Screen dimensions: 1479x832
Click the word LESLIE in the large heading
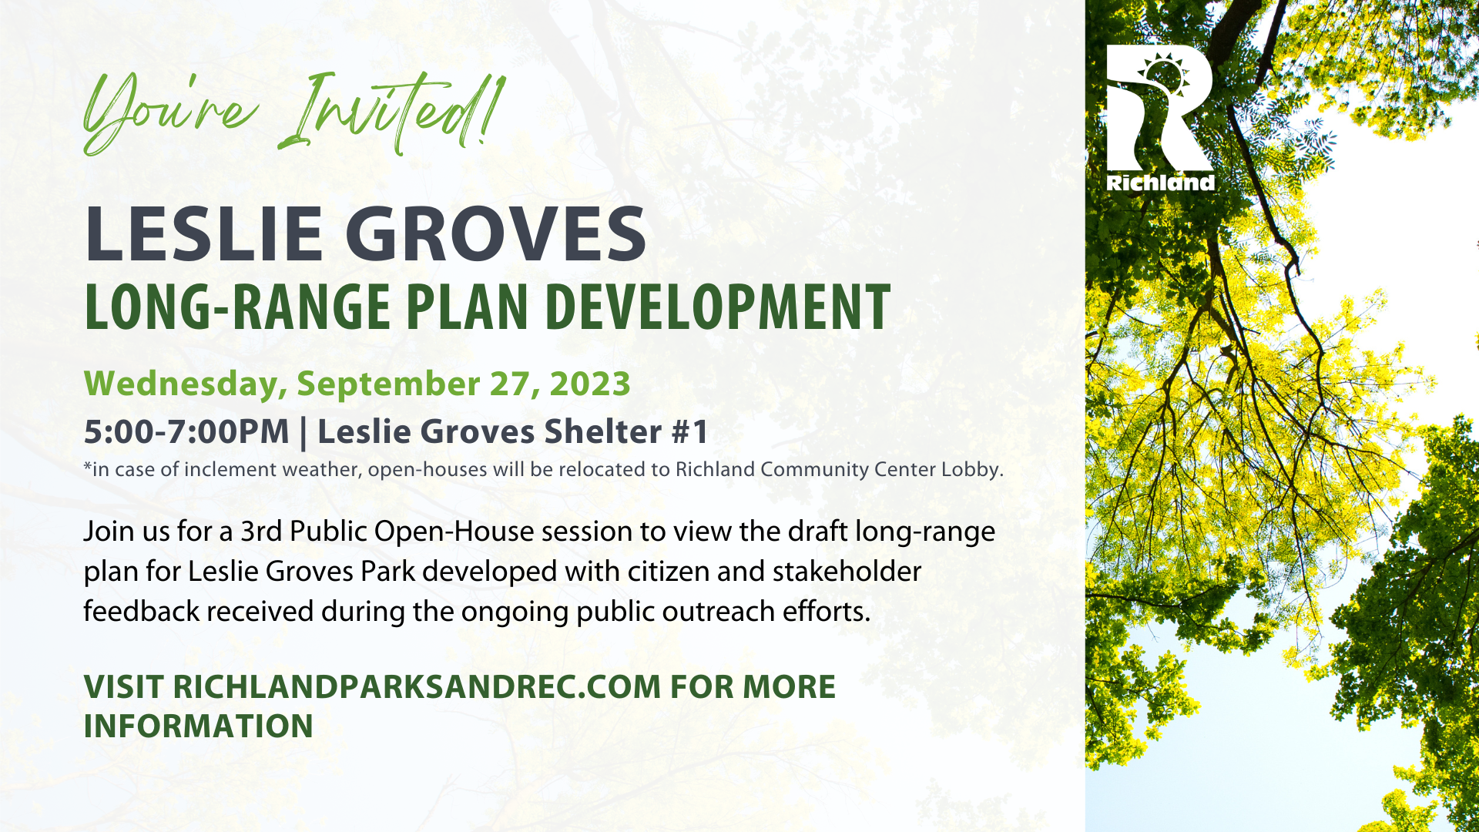point(203,233)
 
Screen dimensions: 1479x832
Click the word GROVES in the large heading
point(495,233)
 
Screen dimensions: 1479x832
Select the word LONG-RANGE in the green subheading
point(237,307)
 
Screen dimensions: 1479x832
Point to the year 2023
point(590,384)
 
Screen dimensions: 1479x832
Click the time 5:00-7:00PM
point(186,431)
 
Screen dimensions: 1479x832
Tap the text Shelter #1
point(626,431)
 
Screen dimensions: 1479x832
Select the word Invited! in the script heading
point(393,112)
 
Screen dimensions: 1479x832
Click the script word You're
point(169,114)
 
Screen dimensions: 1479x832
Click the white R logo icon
point(1159,108)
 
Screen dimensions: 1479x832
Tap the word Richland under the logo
point(1161,183)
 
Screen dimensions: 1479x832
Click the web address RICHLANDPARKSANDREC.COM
point(417,686)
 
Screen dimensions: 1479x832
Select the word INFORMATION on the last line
point(199,726)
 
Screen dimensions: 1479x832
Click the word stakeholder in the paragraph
point(847,572)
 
